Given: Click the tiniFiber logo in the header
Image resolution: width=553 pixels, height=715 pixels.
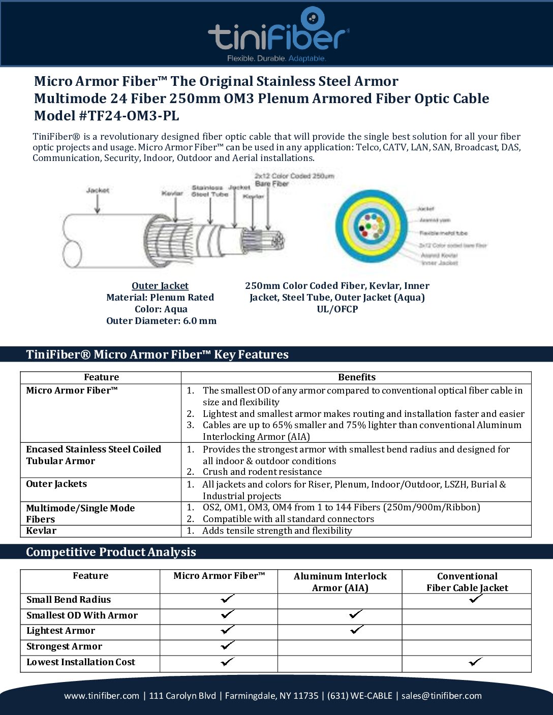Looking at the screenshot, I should coord(278,35).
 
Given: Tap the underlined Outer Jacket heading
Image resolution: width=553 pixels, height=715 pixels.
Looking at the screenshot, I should coord(160,286).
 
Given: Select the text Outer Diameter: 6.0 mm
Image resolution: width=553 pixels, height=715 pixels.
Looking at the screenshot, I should coord(161,321).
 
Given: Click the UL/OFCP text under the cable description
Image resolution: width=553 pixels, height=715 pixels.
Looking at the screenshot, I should coord(337,309).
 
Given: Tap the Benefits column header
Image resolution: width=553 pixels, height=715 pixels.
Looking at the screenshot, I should coord(356,377).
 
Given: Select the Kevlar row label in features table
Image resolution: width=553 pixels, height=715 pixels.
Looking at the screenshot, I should coord(41,531).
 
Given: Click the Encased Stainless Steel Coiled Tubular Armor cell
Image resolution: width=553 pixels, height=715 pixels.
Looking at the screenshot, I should coord(94,455).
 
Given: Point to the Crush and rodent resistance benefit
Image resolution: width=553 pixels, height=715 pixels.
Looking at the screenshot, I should coord(262,472).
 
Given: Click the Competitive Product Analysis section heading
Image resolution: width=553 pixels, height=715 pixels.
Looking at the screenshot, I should coord(111,552).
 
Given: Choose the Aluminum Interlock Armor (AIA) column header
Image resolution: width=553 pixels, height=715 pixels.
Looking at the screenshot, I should coord(340,582).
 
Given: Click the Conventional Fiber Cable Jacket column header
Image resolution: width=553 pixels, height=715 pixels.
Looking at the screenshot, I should coord(467,582).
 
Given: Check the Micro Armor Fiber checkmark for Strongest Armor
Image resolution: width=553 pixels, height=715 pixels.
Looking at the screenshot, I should coord(228,645).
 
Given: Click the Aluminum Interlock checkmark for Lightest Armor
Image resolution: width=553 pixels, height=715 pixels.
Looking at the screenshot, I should coord(357,630).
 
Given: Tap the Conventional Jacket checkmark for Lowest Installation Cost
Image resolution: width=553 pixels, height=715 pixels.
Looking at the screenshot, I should coord(475,662).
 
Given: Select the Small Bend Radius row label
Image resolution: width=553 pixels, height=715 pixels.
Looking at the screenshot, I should coord(69,600).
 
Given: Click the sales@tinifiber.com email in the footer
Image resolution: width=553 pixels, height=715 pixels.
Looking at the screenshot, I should coord(441,696).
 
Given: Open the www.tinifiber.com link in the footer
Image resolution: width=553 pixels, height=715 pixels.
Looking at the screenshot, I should coord(102,696).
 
